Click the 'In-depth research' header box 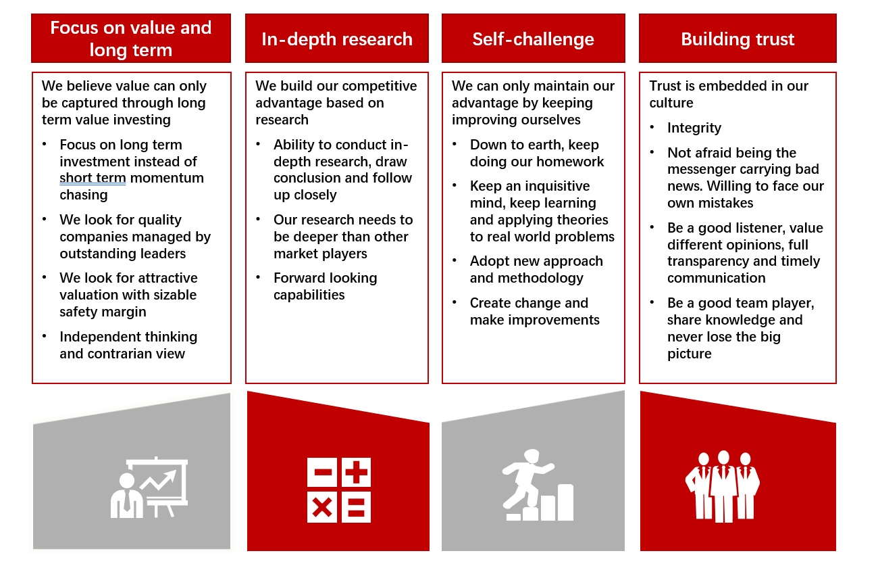[337, 39]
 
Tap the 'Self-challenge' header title [533, 39]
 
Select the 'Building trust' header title [738, 39]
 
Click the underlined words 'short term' [93, 179]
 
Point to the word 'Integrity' [694, 128]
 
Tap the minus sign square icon [322, 472]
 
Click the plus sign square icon [356, 472]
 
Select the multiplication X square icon [322, 507]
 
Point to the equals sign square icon [356, 507]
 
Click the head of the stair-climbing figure [532, 456]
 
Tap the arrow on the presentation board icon [159, 481]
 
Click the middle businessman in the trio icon [723, 487]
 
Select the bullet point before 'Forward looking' [258, 278]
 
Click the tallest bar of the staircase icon [565, 502]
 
